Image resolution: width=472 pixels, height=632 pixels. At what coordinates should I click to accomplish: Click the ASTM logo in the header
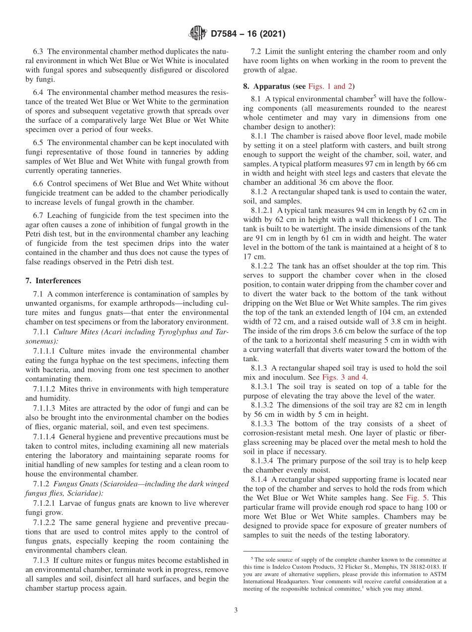(x=198, y=34)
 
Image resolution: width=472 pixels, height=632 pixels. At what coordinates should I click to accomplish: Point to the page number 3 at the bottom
(x=236, y=610)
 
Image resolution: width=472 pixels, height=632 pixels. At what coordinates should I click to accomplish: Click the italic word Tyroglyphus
(x=174, y=331)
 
